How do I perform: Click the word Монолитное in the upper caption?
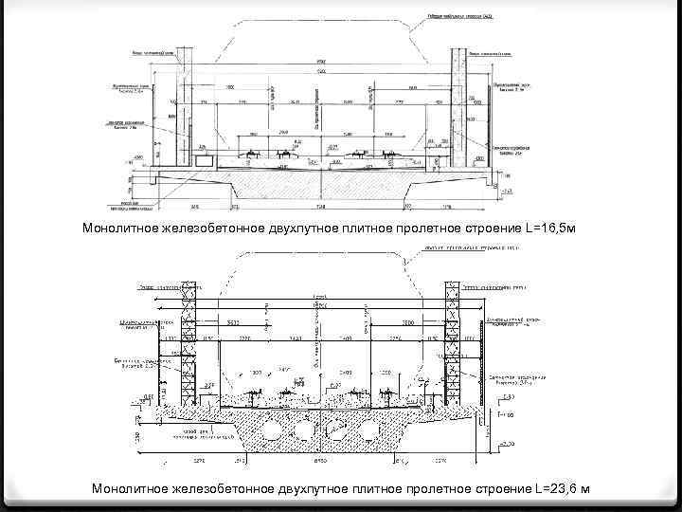[120, 229]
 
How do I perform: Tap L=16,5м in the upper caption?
[548, 229]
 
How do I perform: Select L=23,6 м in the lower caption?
[562, 488]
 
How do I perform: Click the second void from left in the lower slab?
[306, 430]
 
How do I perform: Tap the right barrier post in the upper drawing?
[467, 109]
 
